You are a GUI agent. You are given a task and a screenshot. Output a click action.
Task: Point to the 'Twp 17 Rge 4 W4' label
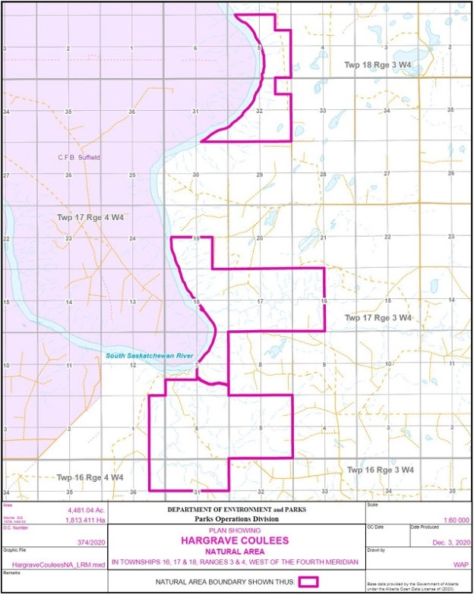pyautogui.click(x=90, y=218)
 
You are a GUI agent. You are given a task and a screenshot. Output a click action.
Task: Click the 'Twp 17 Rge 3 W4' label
pyautogui.click(x=378, y=317)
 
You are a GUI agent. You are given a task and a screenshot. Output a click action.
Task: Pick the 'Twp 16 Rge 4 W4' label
pyautogui.click(x=90, y=477)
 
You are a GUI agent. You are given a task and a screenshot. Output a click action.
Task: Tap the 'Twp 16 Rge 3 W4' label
pyautogui.click(x=380, y=470)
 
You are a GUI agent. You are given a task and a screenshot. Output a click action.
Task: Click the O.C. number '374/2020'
pyautogui.click(x=86, y=542)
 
